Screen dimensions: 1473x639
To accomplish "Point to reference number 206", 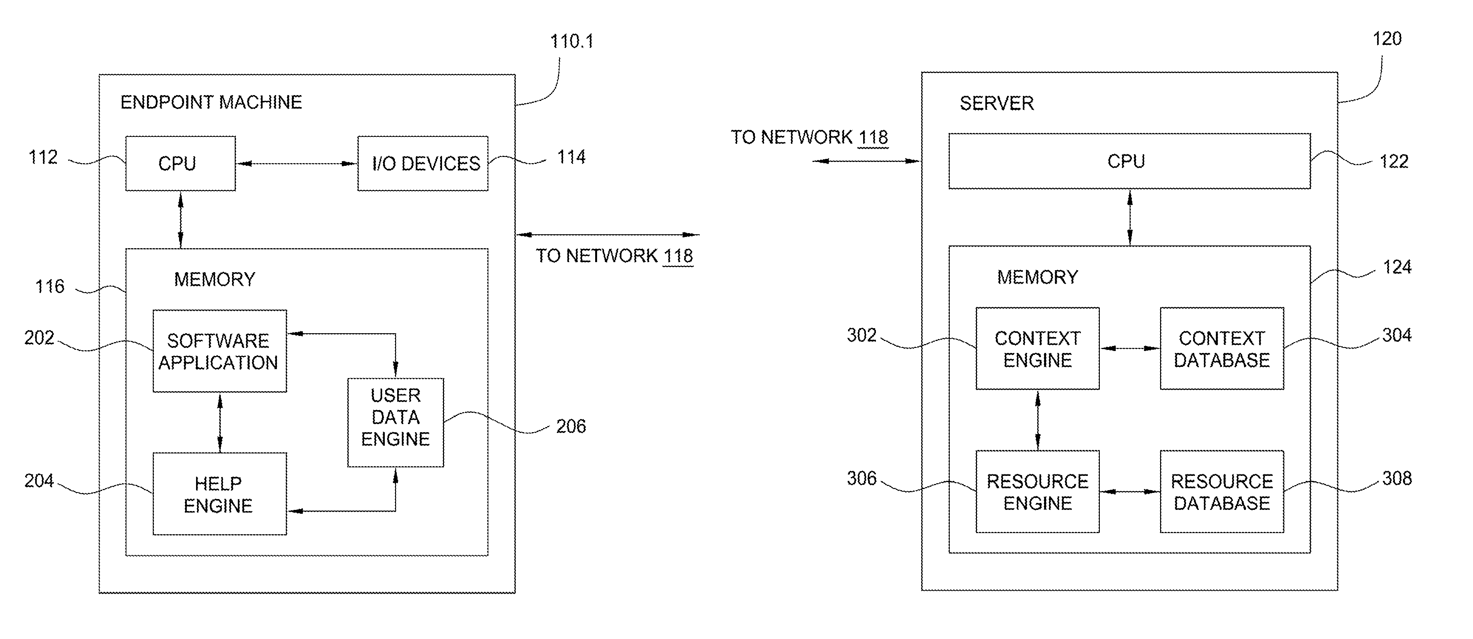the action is click(x=571, y=426).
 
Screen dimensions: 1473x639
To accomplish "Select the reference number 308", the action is click(x=1397, y=479).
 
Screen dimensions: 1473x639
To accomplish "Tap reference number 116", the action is click(x=50, y=286).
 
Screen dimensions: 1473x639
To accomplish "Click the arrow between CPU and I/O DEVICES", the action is click(x=296, y=164).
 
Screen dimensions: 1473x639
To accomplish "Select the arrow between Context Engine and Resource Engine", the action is click(x=1037, y=420).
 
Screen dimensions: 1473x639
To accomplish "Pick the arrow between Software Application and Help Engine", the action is click(x=220, y=423).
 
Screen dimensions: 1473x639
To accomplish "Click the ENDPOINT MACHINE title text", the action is click(x=211, y=102).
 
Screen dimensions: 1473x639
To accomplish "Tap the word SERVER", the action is click(x=997, y=104).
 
